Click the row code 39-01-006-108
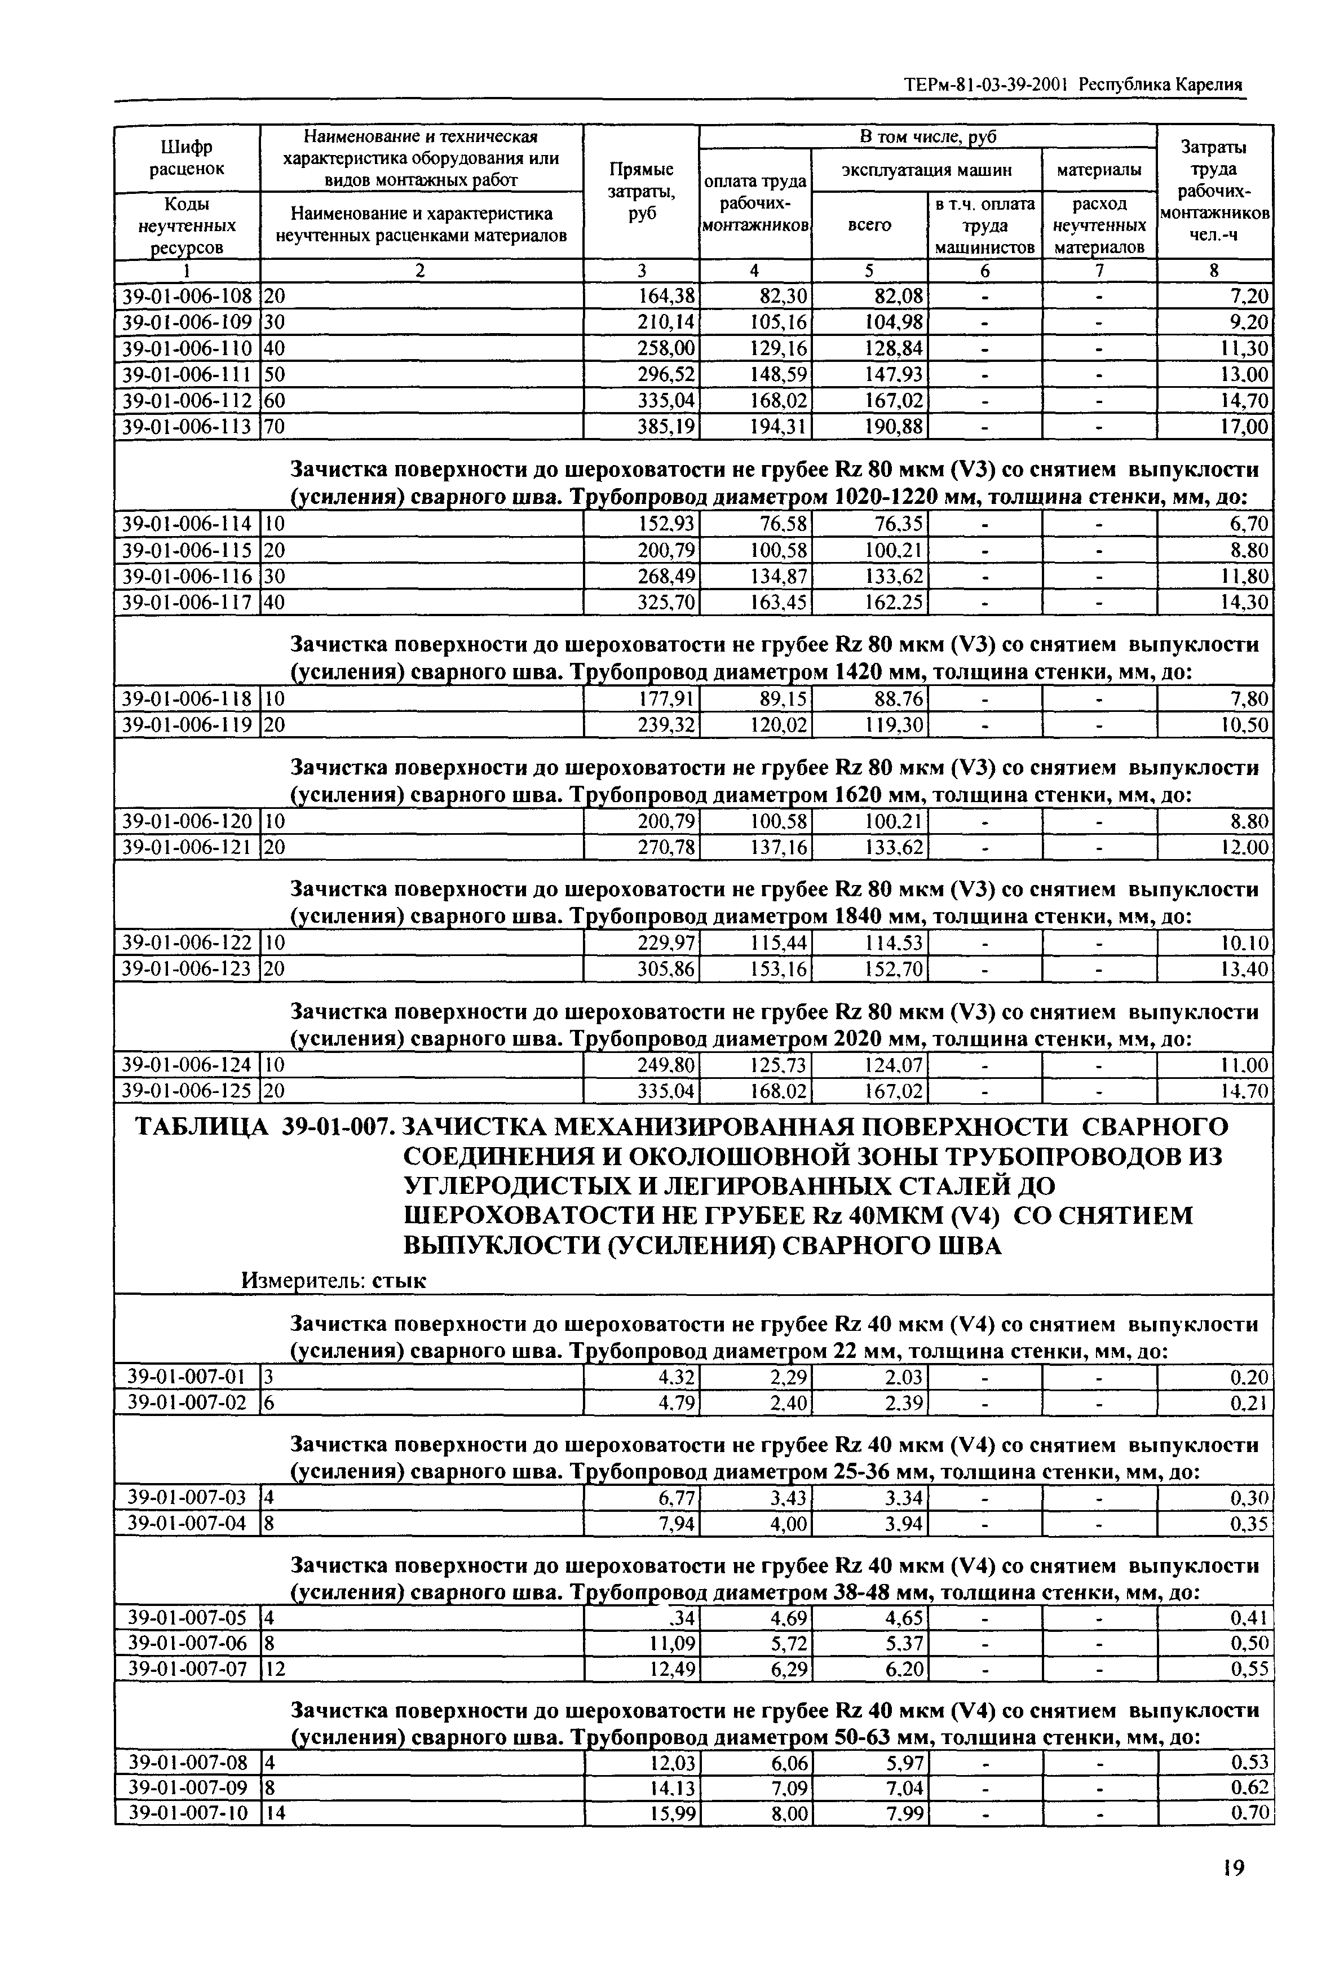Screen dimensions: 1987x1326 (187, 296)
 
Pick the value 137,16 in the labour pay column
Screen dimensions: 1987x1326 (779, 847)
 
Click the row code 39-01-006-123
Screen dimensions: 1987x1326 (187, 969)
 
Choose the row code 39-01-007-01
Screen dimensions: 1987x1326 (187, 1378)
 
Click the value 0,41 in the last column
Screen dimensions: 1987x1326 (1250, 1618)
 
